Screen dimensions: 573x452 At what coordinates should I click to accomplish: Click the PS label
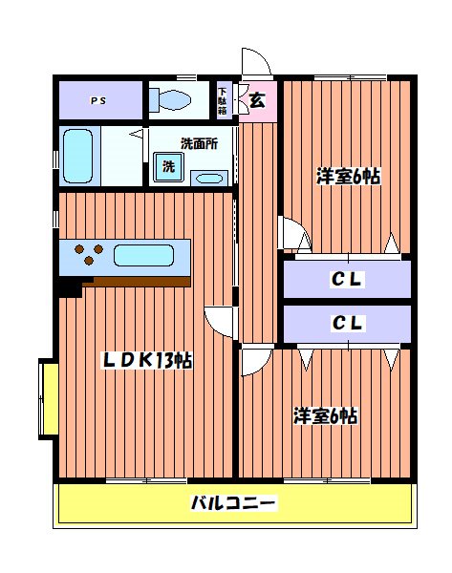point(98,100)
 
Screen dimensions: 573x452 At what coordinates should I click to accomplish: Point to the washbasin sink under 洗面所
point(208,177)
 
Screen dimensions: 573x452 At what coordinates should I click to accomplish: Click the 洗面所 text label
point(199,144)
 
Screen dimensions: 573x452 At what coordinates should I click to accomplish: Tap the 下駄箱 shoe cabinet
point(223,99)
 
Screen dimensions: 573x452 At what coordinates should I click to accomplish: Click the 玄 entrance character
point(257,98)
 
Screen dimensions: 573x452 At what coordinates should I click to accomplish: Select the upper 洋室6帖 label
point(349,177)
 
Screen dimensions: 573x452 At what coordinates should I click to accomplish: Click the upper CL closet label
point(348,280)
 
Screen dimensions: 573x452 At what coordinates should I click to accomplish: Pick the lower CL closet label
point(348,323)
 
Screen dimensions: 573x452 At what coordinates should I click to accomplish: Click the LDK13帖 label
point(147,360)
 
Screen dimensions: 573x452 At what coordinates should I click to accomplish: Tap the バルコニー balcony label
point(233,503)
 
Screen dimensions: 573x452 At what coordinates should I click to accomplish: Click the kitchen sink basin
point(143,255)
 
